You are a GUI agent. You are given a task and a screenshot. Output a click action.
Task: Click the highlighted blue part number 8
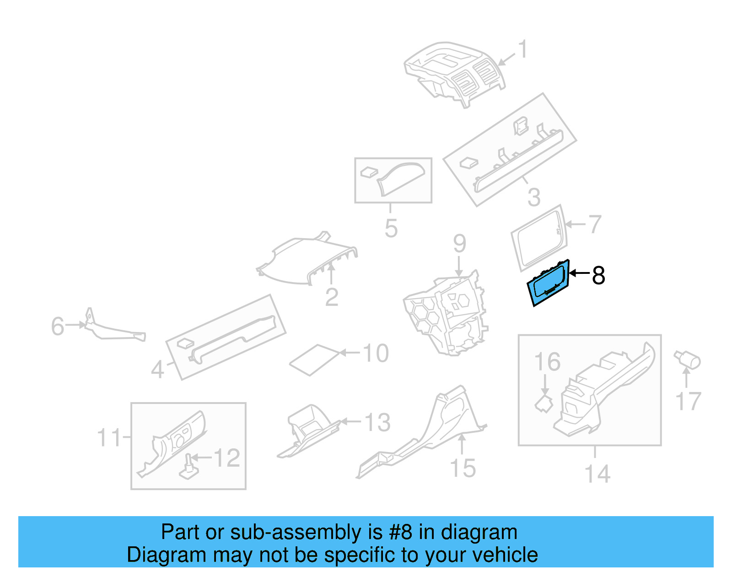548,283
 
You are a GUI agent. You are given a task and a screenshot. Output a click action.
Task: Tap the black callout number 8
598,275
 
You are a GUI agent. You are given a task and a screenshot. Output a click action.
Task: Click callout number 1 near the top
522,49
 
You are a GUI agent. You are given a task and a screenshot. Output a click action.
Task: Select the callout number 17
689,401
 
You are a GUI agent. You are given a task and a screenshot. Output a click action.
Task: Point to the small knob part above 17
688,360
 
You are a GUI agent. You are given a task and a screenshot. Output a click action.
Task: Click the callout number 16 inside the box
548,362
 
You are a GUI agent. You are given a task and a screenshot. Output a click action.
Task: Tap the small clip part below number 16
544,403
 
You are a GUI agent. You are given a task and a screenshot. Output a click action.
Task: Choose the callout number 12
227,458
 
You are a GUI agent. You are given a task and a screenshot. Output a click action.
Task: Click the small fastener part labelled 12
189,466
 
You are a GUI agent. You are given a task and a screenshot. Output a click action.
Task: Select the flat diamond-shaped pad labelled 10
315,360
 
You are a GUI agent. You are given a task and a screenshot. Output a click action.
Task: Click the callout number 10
376,353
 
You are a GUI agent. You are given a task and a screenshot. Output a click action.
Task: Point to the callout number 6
58,326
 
